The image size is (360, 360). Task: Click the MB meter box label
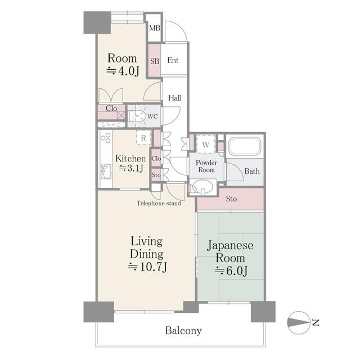point(155,28)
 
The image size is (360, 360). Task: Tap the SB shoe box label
point(155,61)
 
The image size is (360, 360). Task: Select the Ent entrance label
point(173,60)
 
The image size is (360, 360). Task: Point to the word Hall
point(174,98)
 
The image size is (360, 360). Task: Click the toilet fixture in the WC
point(136,116)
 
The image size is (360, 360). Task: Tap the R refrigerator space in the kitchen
point(143,138)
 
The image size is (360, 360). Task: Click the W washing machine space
point(206,145)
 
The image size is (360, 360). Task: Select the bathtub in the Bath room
point(245,146)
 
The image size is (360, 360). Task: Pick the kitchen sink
point(106,172)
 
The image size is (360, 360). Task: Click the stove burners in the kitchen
point(106,138)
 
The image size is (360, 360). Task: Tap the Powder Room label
point(206,166)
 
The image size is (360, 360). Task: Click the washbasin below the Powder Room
point(202,187)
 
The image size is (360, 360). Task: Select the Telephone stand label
point(159,203)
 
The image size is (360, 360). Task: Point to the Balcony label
point(183,331)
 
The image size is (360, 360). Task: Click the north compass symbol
point(299,322)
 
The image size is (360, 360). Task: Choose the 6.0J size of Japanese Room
point(231,271)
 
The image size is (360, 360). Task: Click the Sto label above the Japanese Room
point(231,199)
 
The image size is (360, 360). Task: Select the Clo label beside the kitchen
point(156,159)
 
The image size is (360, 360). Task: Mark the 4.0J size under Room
point(123,71)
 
